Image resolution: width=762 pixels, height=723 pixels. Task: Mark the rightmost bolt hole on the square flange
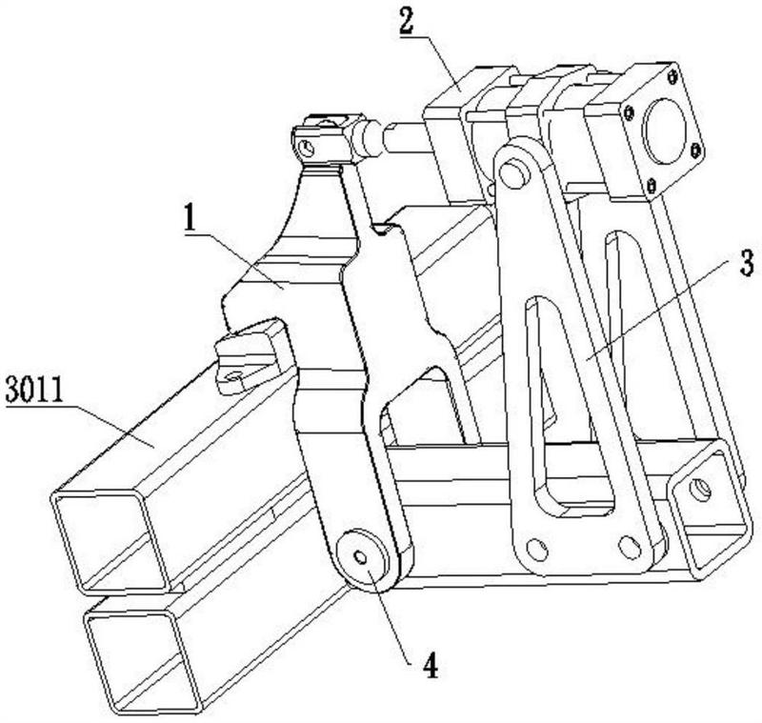[x=695, y=149]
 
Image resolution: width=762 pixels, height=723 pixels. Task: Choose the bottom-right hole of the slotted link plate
[x=626, y=546]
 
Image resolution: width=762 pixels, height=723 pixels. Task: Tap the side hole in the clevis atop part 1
[x=306, y=148]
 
